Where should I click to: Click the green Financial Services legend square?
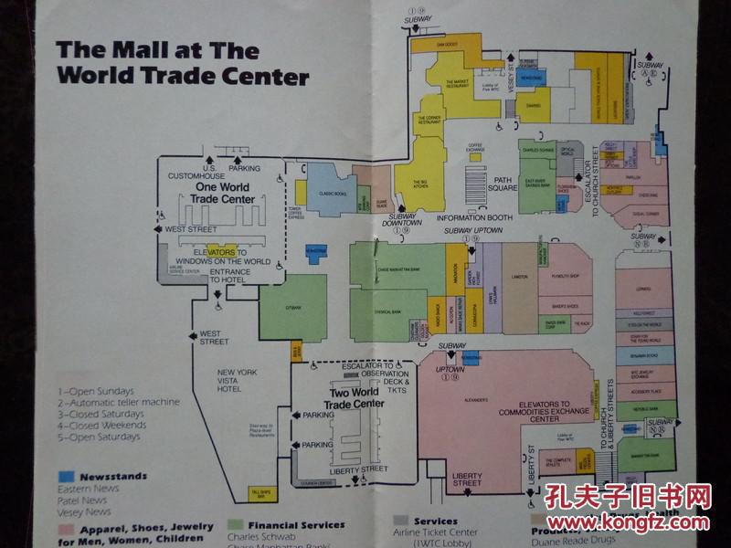(x=234, y=525)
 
